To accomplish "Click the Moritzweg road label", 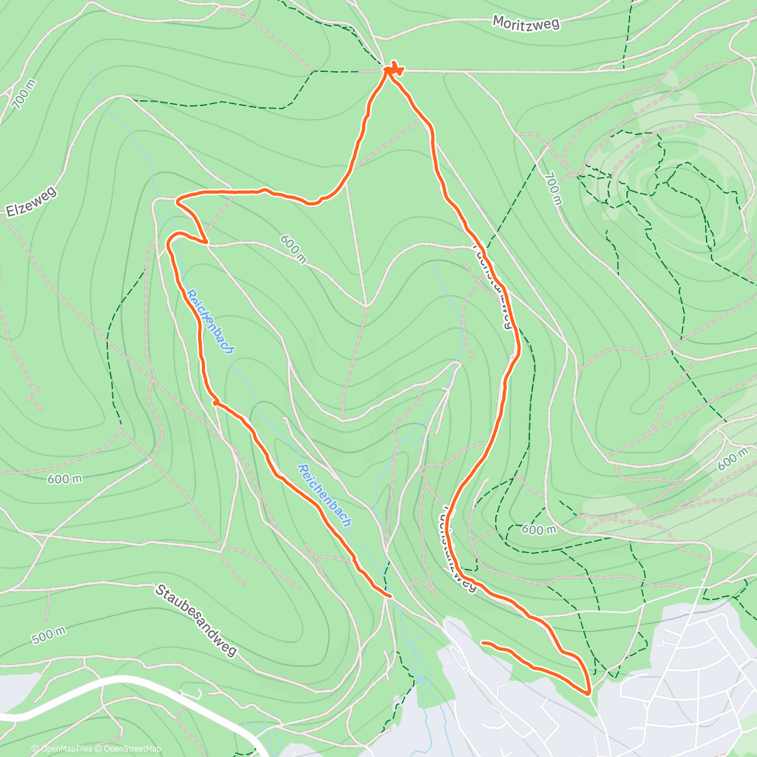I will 525,23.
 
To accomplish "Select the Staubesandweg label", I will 196,619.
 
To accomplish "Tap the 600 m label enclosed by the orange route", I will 293,248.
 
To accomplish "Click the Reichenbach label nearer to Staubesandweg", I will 325,496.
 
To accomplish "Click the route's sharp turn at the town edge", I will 589,692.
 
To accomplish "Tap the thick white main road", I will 126,682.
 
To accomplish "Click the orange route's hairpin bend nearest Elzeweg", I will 179,201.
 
